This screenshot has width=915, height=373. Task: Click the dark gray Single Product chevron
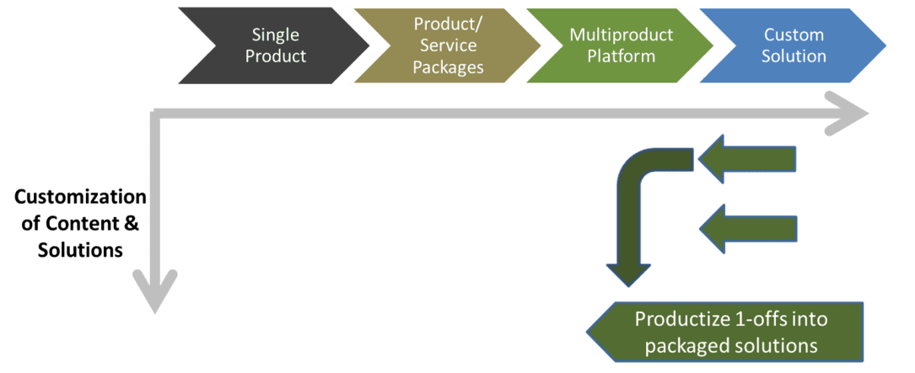pyautogui.click(x=273, y=45)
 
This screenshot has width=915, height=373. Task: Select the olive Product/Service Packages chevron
pyautogui.click(x=447, y=45)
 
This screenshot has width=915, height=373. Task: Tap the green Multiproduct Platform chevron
pyautogui.click(x=620, y=45)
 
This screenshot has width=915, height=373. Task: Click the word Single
pyautogui.click(x=276, y=35)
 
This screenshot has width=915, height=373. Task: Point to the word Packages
pyautogui.click(x=448, y=67)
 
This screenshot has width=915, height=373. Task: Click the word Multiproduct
pyautogui.click(x=621, y=35)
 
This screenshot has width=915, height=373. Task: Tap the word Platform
pyautogui.click(x=621, y=56)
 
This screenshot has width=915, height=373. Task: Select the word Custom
pyautogui.click(x=794, y=35)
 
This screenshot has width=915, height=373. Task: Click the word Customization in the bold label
pyautogui.click(x=80, y=198)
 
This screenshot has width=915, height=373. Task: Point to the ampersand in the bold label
pyautogui.click(x=132, y=224)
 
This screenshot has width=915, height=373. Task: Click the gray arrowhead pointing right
pyautogui.click(x=845, y=113)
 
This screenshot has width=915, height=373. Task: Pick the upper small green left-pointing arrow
pyautogui.click(x=747, y=159)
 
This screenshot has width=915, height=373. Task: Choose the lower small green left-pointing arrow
pyautogui.click(x=747, y=228)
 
